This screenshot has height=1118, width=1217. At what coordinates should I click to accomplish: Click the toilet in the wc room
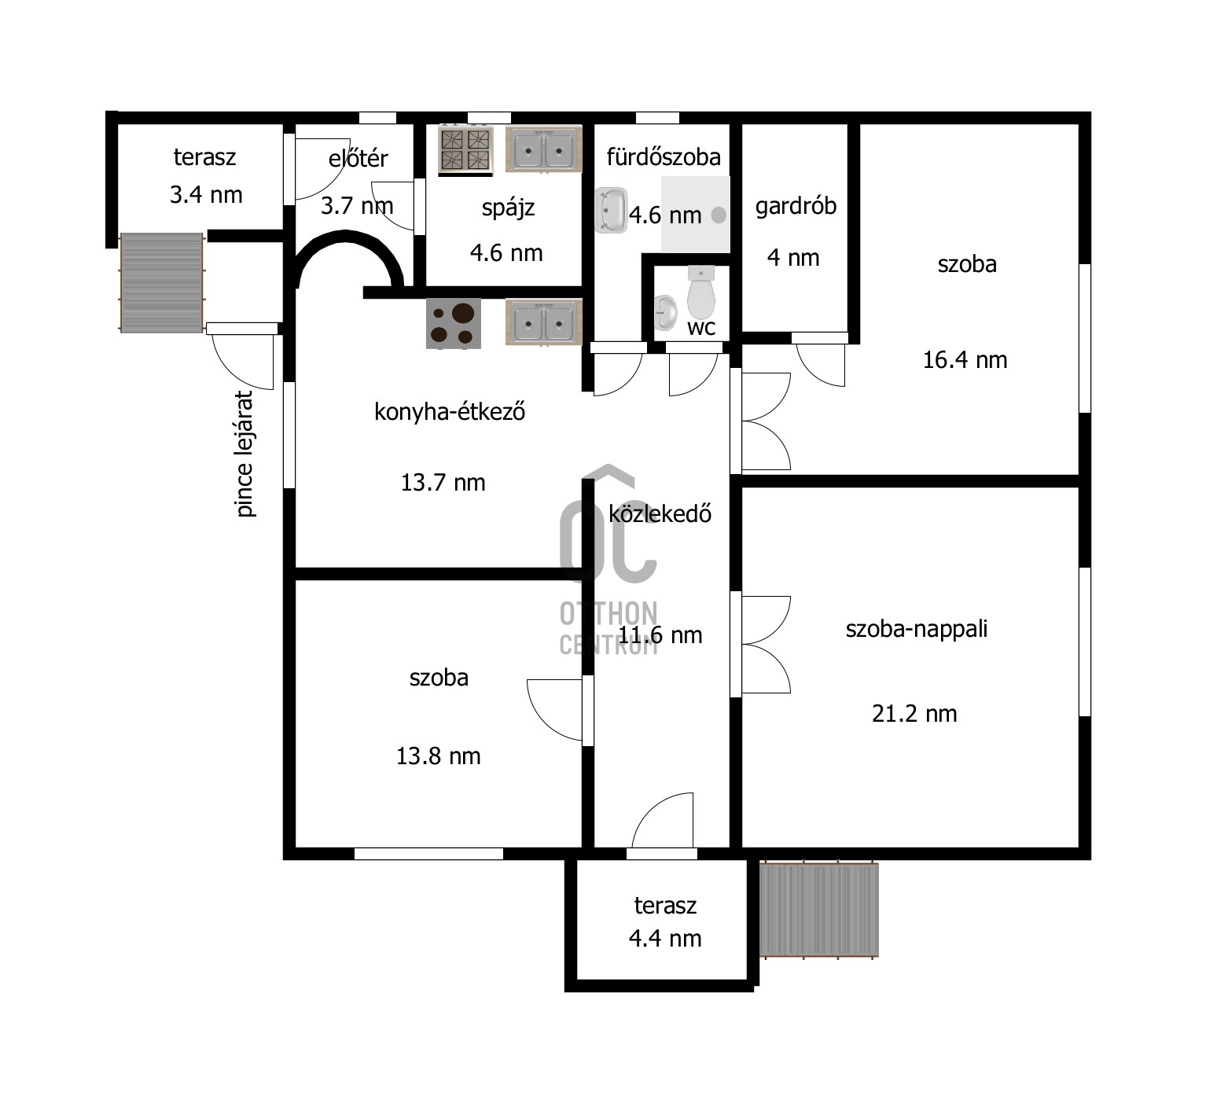[700, 291]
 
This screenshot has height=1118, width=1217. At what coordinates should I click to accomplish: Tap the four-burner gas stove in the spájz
[465, 149]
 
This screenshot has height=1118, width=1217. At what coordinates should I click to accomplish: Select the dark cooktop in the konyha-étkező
[454, 323]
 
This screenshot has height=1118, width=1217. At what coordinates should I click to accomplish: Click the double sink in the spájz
[543, 149]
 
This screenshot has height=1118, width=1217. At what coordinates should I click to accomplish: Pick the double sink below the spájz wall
[543, 322]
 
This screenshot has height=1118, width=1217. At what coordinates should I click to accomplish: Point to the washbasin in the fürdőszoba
[611, 210]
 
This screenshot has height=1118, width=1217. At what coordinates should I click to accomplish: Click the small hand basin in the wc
[665, 312]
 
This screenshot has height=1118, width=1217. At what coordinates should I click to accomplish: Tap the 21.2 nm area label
[914, 714]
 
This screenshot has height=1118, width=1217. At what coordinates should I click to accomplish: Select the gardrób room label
[796, 206]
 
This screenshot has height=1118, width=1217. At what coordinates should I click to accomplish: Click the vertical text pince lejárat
[245, 454]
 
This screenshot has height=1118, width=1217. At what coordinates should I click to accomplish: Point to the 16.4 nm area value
[965, 360]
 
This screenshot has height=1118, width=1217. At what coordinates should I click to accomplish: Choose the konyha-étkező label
[450, 411]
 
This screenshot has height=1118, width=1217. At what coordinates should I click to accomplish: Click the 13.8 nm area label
[438, 756]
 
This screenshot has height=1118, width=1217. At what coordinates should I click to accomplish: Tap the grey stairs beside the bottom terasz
[818, 909]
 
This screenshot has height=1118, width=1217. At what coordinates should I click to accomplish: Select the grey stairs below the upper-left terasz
[162, 282]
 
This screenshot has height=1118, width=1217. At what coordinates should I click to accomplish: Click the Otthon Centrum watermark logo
[608, 559]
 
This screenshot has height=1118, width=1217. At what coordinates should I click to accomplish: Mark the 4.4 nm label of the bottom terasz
[665, 939]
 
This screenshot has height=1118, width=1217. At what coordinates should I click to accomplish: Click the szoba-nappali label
[917, 629]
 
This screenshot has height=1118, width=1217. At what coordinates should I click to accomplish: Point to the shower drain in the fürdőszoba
[718, 215]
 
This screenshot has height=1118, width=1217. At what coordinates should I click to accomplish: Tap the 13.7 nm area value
[443, 483]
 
